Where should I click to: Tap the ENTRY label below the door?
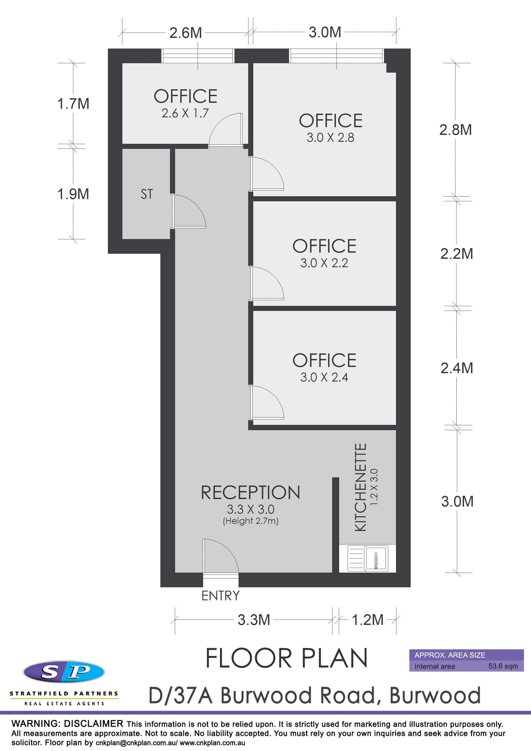click(x=220, y=596)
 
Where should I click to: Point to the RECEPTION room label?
click(x=250, y=492)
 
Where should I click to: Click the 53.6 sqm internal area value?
click(x=503, y=666)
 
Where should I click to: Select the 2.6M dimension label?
click(x=186, y=33)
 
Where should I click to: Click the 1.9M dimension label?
click(x=73, y=194)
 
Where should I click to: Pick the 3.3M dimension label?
click(x=254, y=620)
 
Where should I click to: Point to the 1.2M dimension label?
click(x=368, y=620)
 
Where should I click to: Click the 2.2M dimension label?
click(x=457, y=254)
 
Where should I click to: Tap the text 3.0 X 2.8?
click(x=330, y=137)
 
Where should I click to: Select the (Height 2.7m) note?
click(x=251, y=521)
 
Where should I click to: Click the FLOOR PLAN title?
click(x=287, y=658)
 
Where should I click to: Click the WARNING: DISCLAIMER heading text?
click(x=67, y=724)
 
